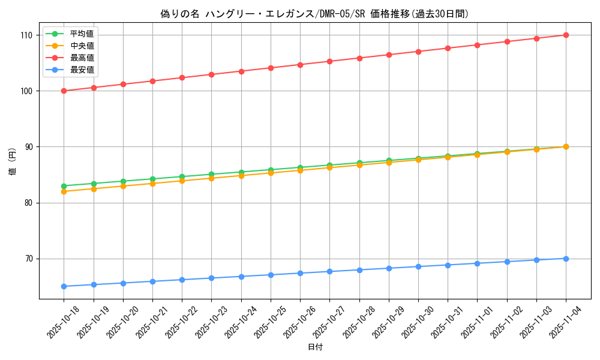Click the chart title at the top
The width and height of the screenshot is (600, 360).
pos(314,14)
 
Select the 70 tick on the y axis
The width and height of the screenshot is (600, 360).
pos(30,259)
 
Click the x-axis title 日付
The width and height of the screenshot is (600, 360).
pos(315,347)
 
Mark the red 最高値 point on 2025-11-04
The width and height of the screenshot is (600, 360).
pos(566,35)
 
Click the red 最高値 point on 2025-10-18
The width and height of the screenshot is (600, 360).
pos(64,91)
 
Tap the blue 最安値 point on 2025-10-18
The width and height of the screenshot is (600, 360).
pos(64,286)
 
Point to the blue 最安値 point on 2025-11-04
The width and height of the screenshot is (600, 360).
pos(566,259)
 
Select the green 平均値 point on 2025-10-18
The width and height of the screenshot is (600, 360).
pos(64,186)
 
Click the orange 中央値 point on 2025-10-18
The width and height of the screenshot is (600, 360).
pos(64,191)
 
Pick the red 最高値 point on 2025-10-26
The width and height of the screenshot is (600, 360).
pos(300,64)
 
